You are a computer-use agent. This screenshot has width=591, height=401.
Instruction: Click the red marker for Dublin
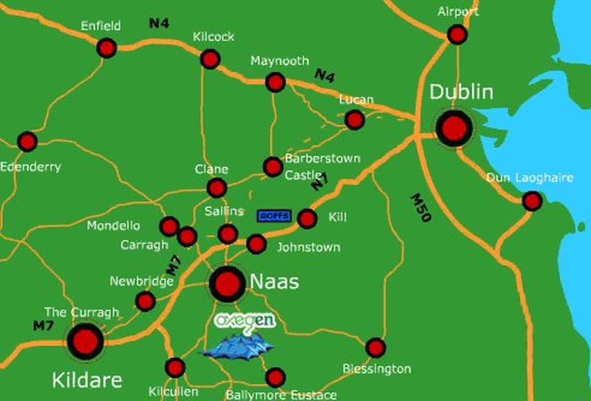pyautogui.click(x=454, y=129)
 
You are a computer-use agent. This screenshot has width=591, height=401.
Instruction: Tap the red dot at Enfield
pyautogui.click(x=106, y=48)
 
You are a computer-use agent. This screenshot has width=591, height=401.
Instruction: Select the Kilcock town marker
pyautogui.click(x=211, y=59)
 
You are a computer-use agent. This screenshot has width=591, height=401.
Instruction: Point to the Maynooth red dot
pyautogui.click(x=276, y=82)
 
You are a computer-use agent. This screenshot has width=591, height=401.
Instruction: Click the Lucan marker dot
pyautogui.click(x=355, y=120)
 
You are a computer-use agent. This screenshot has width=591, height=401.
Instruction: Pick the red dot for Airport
pyautogui.click(x=457, y=34)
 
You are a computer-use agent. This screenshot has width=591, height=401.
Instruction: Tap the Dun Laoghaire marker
pyautogui.click(x=532, y=201)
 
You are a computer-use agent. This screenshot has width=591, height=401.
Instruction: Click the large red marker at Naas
pyautogui.click(x=227, y=284)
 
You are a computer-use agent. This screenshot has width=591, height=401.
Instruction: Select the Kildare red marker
pyautogui.click(x=86, y=342)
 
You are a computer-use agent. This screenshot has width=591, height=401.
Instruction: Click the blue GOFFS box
pyautogui.click(x=274, y=216)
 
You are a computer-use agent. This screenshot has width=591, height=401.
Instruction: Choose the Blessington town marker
pyautogui.click(x=375, y=347)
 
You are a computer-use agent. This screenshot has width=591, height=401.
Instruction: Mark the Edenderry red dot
pyautogui.click(x=27, y=141)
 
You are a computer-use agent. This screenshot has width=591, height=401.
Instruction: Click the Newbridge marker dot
pyautogui.click(x=146, y=301)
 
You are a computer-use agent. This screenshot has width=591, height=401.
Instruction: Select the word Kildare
pyautogui.click(x=86, y=380)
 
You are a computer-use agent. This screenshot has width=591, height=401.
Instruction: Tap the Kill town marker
pyautogui.click(x=307, y=219)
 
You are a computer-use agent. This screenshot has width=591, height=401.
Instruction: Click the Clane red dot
pyautogui.click(x=216, y=188)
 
